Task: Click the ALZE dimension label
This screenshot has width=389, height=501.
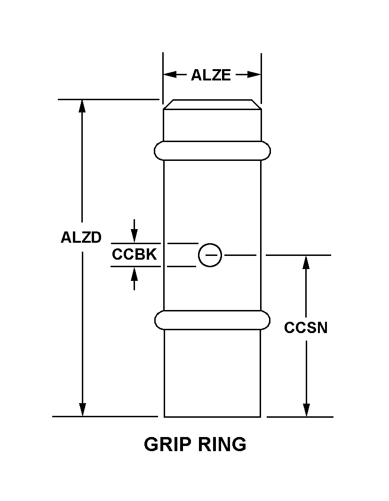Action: click(x=211, y=75)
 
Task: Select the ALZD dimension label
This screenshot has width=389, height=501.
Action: click(x=81, y=238)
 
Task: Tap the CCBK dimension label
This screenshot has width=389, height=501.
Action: click(x=134, y=254)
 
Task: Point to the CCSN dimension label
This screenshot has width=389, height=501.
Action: click(x=306, y=328)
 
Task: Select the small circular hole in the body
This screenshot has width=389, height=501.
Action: click(x=210, y=255)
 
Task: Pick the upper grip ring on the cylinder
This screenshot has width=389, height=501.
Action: click(x=212, y=151)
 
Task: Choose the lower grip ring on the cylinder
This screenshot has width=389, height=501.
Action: click(x=212, y=320)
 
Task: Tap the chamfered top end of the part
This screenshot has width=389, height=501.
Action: click(x=212, y=104)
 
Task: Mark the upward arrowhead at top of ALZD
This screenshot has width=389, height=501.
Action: click(x=82, y=106)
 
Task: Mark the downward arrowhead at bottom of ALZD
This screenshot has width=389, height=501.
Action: click(x=82, y=410)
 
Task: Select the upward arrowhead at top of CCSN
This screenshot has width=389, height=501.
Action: click(x=306, y=262)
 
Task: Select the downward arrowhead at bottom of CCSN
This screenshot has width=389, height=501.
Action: click(x=306, y=410)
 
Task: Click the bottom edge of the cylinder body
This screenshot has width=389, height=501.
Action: click(x=212, y=416)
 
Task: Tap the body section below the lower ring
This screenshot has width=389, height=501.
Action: click(x=212, y=372)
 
